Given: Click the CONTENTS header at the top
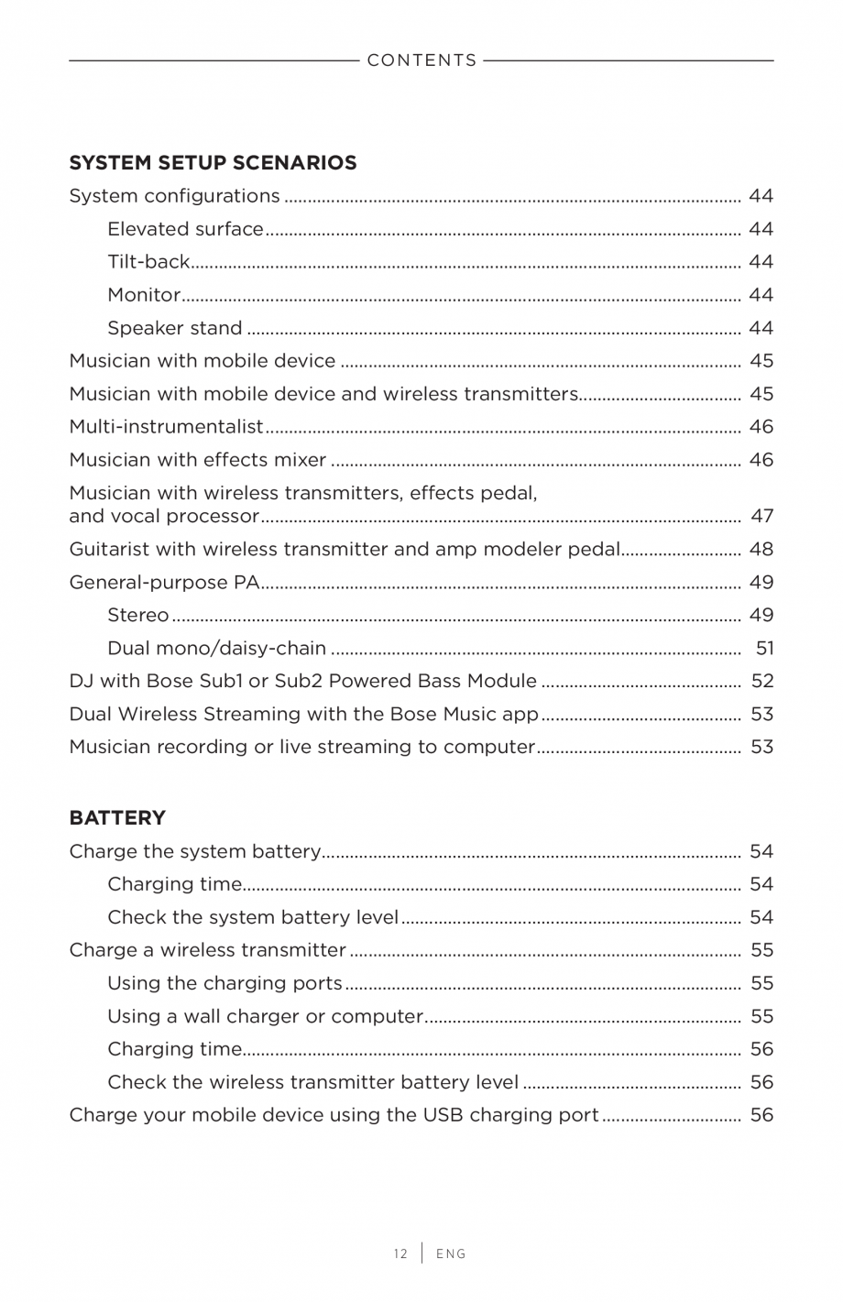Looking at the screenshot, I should tap(421, 60).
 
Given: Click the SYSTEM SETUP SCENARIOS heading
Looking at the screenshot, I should tap(213, 163).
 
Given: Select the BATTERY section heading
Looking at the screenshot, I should tap(117, 817).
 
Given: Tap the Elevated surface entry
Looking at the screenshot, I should tap(185, 229).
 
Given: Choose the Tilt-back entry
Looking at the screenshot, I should tap(148, 262).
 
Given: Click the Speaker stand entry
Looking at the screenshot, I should tap(174, 328).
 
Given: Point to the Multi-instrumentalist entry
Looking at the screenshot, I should tap(166, 427).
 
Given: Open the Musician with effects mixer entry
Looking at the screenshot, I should tap(197, 460).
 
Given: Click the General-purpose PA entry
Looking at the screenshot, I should tap(164, 583).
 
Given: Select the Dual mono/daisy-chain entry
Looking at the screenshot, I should tap(216, 649).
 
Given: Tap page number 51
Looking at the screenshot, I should tap(764, 649).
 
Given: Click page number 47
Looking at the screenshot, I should tap(761, 517).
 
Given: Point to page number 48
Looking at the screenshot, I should tap(761, 550).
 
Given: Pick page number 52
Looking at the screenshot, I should tap(761, 682).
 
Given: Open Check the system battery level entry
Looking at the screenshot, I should tap(253, 917).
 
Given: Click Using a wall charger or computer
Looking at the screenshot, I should tap(265, 1016).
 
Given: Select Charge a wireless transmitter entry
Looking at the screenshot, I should tap(207, 950).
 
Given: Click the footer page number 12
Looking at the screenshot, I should tap(400, 1253).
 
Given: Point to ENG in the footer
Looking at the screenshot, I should tap(451, 1253).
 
